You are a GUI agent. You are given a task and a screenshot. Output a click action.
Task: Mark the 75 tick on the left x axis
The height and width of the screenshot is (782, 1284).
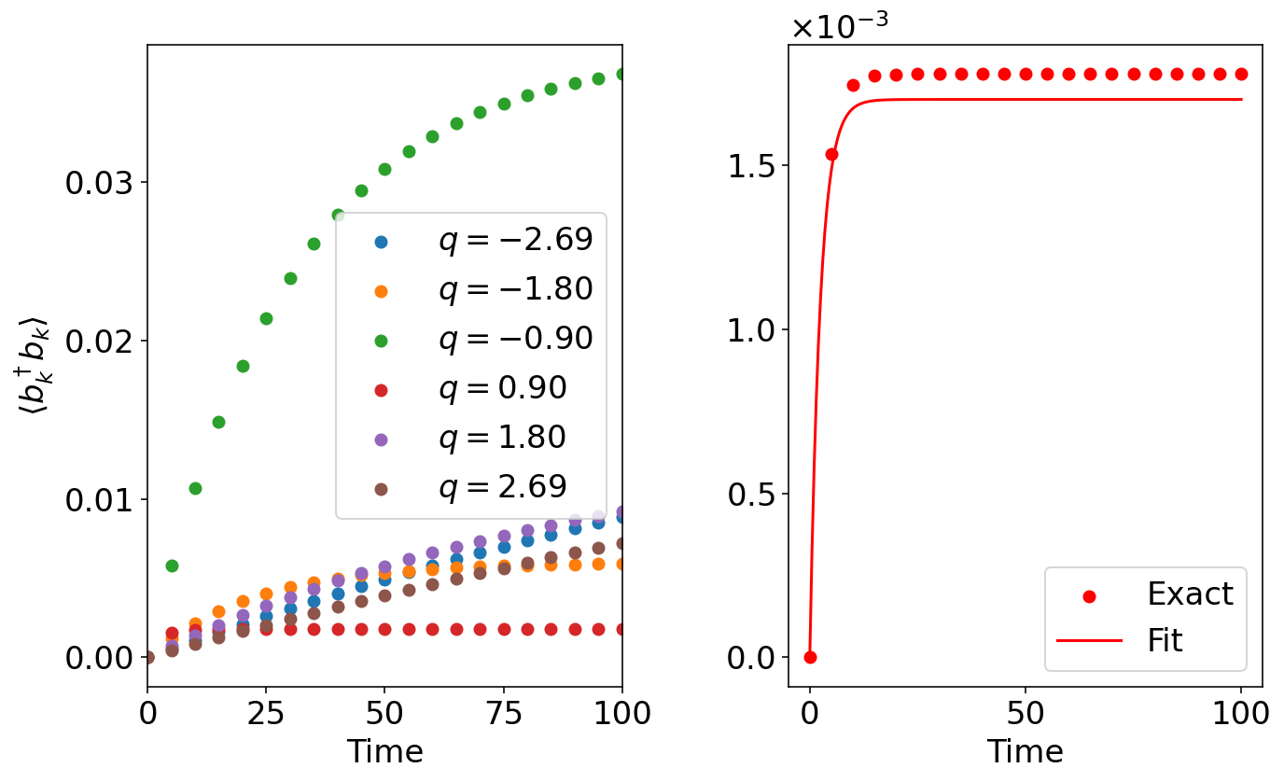point(503,714)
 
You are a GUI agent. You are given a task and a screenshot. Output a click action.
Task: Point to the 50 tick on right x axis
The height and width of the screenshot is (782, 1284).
point(1026,714)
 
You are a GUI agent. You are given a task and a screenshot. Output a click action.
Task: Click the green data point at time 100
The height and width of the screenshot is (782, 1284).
point(621,74)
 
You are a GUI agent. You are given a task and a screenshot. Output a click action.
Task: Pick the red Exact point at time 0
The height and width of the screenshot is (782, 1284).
point(810,657)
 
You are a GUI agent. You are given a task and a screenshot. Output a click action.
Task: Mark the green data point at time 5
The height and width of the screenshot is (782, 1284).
point(172,566)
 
